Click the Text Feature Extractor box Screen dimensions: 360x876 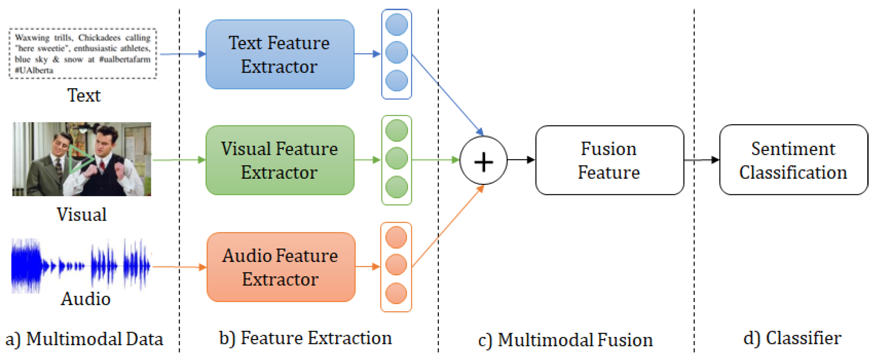click(x=280, y=54)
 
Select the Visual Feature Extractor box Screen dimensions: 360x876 click(x=280, y=160)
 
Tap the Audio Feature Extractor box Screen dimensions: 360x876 click(x=281, y=267)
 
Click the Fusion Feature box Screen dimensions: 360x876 click(x=609, y=160)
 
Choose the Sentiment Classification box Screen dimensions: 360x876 click(x=793, y=160)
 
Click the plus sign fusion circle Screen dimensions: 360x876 click(x=483, y=160)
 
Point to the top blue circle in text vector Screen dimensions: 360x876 click(x=397, y=24)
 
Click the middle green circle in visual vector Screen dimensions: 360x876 click(x=397, y=159)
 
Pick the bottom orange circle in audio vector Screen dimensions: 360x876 click(x=396, y=293)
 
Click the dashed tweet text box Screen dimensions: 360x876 click(x=83, y=54)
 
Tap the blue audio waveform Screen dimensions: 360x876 click(x=81, y=265)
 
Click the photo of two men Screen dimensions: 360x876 click(x=81, y=159)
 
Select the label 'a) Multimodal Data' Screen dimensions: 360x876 click(x=84, y=339)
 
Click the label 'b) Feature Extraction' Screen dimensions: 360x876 click(x=305, y=338)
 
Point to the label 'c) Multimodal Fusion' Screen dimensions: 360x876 click(x=565, y=340)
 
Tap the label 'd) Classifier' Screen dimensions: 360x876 click(x=792, y=338)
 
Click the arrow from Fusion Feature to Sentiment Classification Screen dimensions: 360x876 click(x=701, y=160)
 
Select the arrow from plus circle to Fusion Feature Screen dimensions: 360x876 click(x=521, y=160)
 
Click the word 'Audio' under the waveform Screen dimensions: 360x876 click(x=85, y=299)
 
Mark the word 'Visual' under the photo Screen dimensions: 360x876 click(x=81, y=214)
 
